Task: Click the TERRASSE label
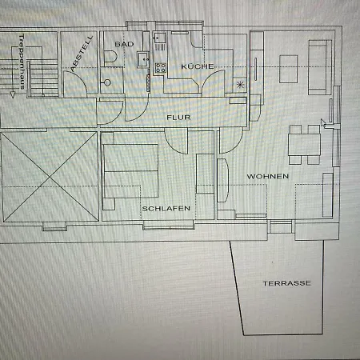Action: pos(286,283)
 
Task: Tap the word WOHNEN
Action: pos(267,176)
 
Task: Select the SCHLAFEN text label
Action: pos(166,208)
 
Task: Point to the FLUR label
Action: pos(177,117)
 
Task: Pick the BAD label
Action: pos(124,45)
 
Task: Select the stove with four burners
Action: pos(160,67)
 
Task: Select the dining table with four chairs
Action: pos(304,143)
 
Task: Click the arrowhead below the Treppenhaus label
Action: pos(14,93)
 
